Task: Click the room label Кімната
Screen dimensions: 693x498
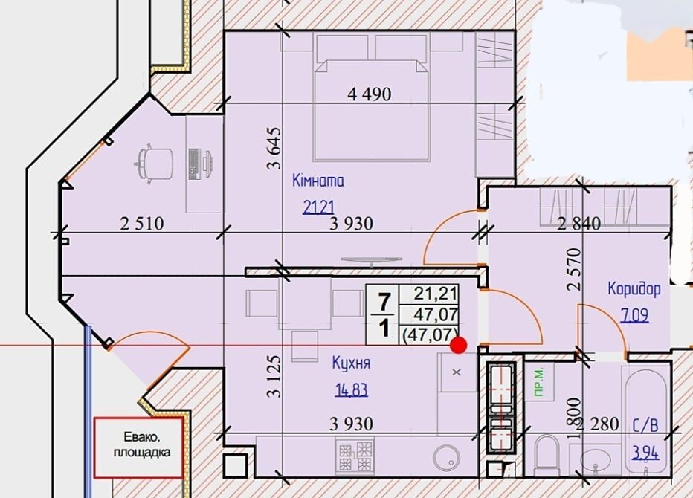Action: coord(318,181)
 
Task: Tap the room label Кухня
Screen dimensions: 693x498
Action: coord(352,363)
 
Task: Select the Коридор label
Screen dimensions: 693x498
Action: coord(634,288)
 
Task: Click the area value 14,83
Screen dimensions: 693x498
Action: coord(352,390)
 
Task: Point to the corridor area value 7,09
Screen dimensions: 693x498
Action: coord(635,315)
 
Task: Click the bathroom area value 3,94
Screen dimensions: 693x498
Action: coord(645,453)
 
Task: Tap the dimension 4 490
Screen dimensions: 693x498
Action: coord(370,94)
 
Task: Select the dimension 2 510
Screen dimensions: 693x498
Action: coord(142,224)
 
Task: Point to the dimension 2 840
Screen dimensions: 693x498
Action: coord(579,224)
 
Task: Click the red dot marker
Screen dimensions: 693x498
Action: coord(458,345)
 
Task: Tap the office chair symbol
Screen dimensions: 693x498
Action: coord(153,164)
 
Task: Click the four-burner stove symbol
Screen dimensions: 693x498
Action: coord(355,455)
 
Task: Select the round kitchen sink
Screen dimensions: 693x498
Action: coord(447,458)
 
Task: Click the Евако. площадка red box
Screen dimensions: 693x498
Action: coord(138,447)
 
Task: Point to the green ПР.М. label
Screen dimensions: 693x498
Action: coord(539,383)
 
